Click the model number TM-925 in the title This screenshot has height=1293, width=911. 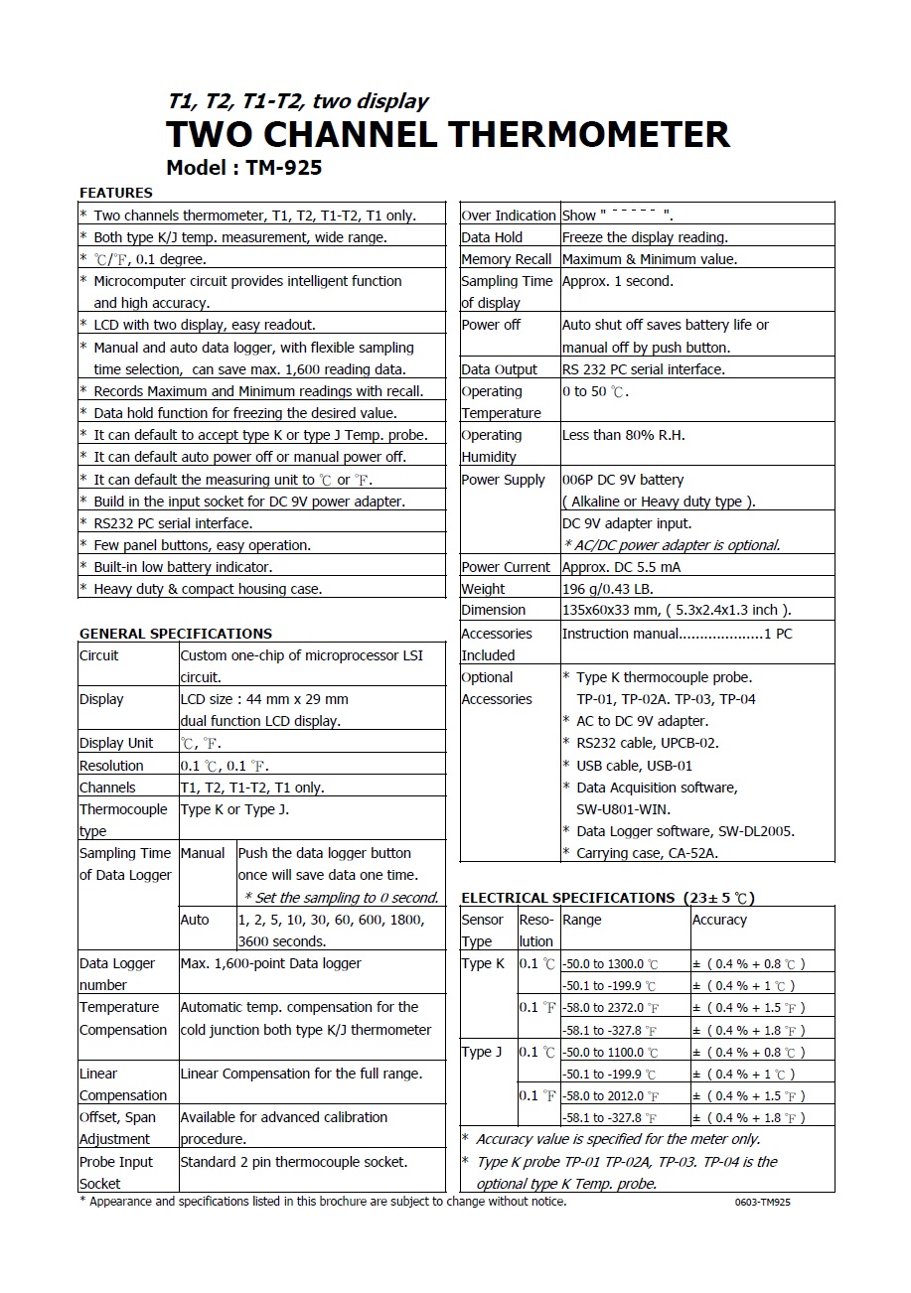[281, 168]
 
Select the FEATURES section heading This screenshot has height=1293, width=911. [116, 193]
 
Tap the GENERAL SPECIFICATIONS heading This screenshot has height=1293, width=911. [176, 634]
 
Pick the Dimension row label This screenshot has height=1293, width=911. [494, 611]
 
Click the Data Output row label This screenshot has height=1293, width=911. [500, 369]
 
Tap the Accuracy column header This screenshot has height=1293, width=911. [719, 920]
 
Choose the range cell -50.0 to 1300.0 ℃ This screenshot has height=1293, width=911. [610, 964]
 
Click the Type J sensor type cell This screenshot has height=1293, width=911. [483, 1053]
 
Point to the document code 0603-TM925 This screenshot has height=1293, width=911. [763, 1203]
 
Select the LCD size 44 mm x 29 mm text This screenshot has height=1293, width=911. [264, 699]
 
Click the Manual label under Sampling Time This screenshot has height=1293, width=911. [203, 853]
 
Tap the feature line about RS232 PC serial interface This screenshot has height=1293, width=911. [173, 523]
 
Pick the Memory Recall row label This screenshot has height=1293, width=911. [507, 259]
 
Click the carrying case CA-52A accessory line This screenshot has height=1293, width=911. [647, 853]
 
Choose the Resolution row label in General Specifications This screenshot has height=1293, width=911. [111, 766]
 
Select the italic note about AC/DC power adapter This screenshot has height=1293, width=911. [672, 545]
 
